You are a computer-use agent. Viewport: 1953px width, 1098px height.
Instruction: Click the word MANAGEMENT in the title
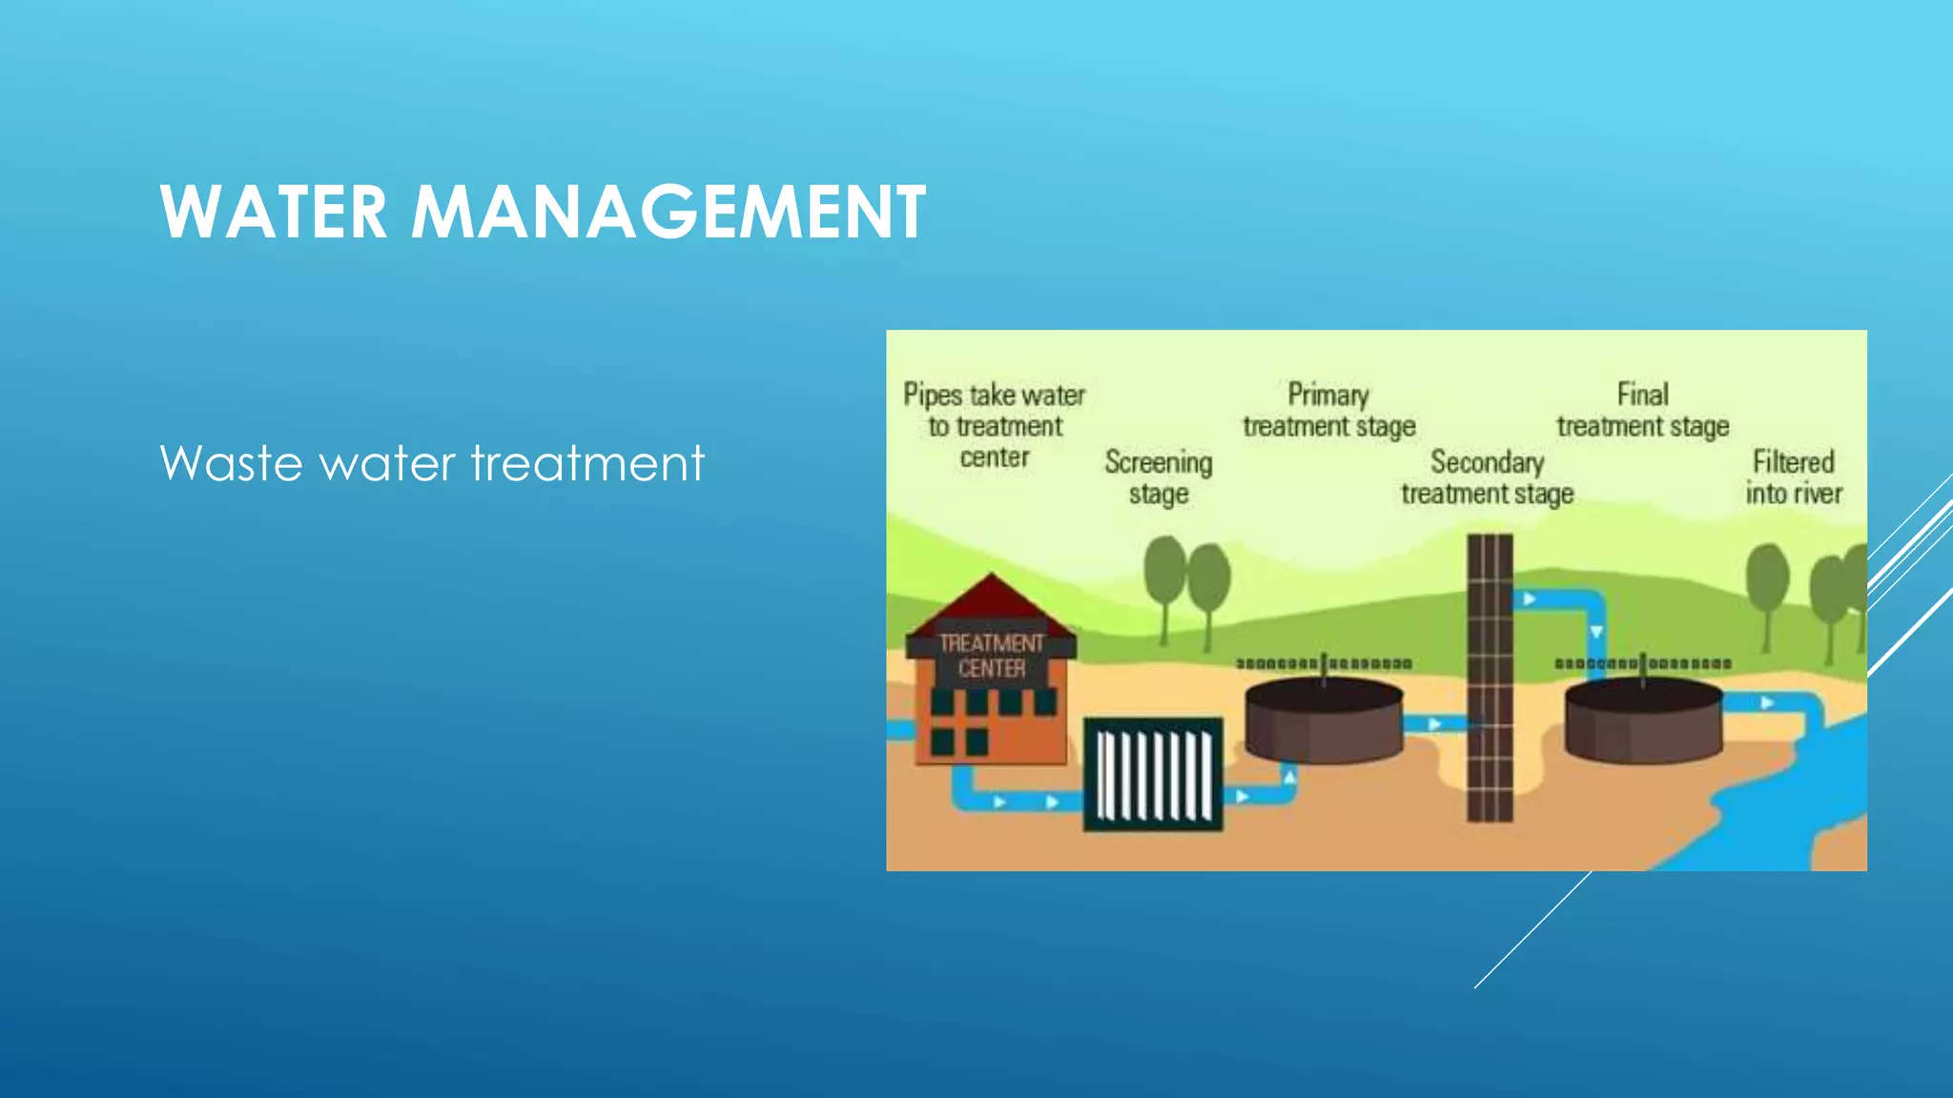[668, 212]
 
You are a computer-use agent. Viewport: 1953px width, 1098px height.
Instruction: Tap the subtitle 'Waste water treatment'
[432, 463]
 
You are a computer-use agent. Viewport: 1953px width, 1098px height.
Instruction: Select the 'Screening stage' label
[1159, 478]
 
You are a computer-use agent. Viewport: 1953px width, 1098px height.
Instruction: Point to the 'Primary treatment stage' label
[1328, 410]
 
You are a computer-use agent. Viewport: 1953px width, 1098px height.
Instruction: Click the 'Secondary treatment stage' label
[1487, 478]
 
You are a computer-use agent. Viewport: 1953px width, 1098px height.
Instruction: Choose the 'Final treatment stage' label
[1642, 410]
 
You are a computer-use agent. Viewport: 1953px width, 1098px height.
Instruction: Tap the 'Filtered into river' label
[1793, 478]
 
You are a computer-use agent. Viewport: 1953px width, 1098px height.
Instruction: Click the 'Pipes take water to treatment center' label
[994, 425]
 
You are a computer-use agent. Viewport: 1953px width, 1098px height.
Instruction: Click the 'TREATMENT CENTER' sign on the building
[992, 656]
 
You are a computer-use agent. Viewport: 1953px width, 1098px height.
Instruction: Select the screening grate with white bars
[1153, 774]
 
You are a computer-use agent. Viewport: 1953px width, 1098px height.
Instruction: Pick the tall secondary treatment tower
[1490, 677]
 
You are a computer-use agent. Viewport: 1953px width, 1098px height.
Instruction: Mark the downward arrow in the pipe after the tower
[1595, 632]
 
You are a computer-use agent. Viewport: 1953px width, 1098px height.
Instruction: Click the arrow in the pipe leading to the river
[1767, 703]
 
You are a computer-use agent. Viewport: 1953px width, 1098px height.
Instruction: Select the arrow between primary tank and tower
[1434, 724]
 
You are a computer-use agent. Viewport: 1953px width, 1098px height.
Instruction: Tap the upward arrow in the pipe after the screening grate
[1289, 778]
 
